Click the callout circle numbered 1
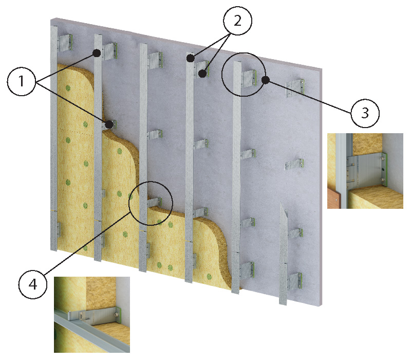pos(21,81)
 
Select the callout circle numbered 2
pos(237,21)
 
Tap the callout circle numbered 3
pos(365,113)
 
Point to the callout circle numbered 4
pos(33,284)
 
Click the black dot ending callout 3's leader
pos(266,80)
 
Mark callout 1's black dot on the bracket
pos(109,124)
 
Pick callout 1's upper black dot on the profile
pos(97,53)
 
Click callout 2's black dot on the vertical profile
pos(191,58)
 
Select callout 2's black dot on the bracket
pos(202,74)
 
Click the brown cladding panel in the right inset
pos(333,199)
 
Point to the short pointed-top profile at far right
pos(283,254)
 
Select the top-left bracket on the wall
pos(65,43)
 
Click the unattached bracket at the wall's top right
pos(295,87)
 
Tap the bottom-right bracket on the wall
pos(295,281)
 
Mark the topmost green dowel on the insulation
pos(68,87)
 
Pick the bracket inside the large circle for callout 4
pos(155,202)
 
